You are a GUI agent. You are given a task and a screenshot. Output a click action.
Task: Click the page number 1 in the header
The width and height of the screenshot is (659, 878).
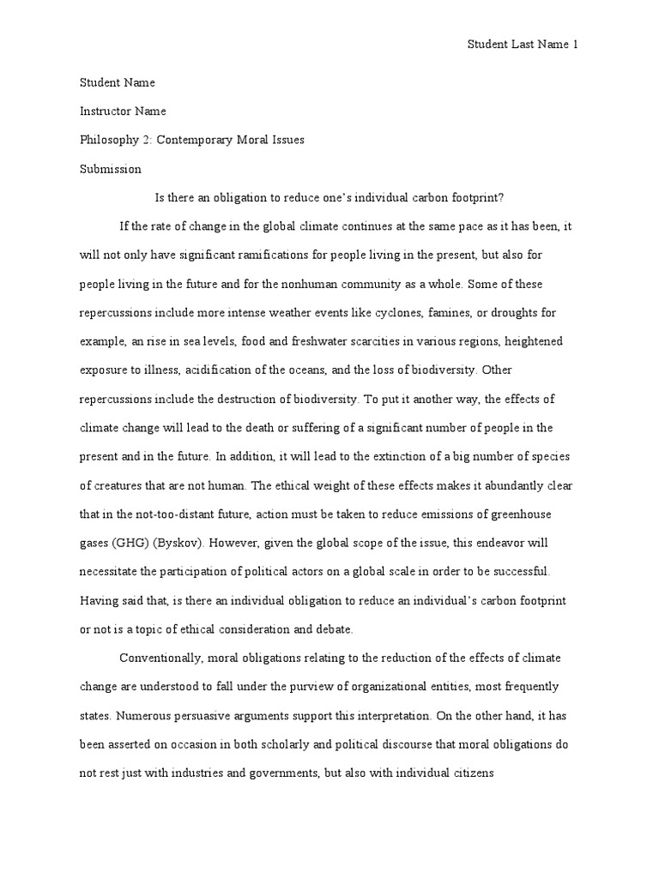[x=576, y=45]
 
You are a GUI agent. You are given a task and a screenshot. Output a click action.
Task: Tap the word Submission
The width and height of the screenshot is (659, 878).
[x=111, y=169]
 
